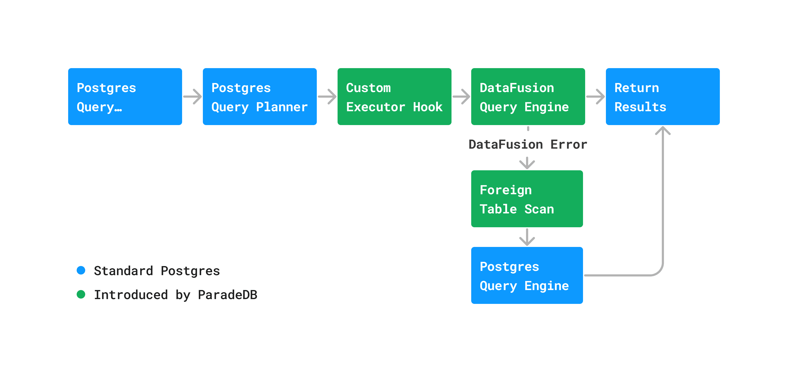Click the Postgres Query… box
click(125, 97)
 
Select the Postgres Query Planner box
click(260, 97)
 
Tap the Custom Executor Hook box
click(394, 97)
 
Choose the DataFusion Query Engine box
click(528, 97)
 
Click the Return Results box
click(663, 97)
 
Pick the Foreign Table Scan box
click(527, 199)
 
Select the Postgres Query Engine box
click(527, 275)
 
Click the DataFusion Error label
click(528, 144)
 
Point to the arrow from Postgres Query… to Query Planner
click(192, 97)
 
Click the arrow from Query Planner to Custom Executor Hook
click(327, 97)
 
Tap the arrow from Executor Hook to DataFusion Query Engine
click(461, 97)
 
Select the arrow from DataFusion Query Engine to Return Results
click(595, 97)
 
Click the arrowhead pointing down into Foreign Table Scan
click(527, 165)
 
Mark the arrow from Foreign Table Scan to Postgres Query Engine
click(527, 237)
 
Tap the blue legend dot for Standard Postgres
click(81, 270)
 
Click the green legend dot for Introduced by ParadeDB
click(81, 294)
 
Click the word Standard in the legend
click(123, 271)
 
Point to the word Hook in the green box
click(428, 107)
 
